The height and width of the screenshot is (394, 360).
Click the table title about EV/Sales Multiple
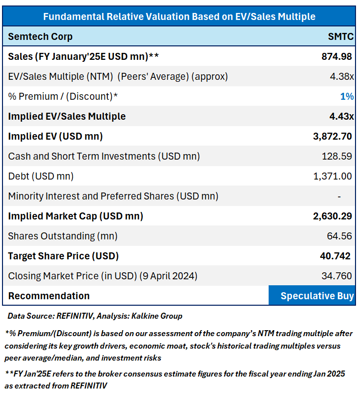[179, 16]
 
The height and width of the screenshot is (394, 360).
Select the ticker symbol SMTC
[341, 36]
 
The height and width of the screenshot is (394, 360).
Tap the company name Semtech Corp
[40, 36]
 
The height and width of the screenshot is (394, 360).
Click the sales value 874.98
[337, 56]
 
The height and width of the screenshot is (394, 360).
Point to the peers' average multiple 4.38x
[343, 76]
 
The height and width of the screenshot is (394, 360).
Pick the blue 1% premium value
[347, 96]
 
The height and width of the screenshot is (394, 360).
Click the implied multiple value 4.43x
[343, 116]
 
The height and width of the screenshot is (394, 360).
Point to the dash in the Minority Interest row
[340, 196]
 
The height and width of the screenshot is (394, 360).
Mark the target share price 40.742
[336, 256]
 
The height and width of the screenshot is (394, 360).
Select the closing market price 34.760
[337, 276]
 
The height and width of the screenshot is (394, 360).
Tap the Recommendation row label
[49, 296]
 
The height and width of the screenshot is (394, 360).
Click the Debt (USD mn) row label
[41, 176]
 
